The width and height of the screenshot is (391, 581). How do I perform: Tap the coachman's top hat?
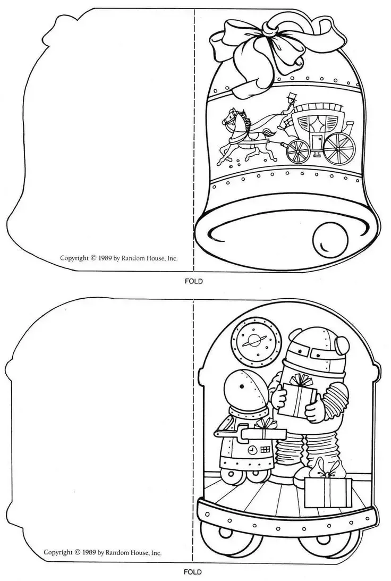click(292, 95)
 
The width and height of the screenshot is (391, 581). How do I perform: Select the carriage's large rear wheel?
click(338, 148)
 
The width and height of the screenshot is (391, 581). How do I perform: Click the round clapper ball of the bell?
click(330, 239)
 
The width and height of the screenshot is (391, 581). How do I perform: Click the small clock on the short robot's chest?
click(252, 450)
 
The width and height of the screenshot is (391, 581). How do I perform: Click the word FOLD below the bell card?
click(194, 281)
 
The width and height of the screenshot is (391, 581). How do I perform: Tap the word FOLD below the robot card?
click(193, 572)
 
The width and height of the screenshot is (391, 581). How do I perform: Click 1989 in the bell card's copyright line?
click(105, 258)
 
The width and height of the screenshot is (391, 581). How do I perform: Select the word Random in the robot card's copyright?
click(118, 553)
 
